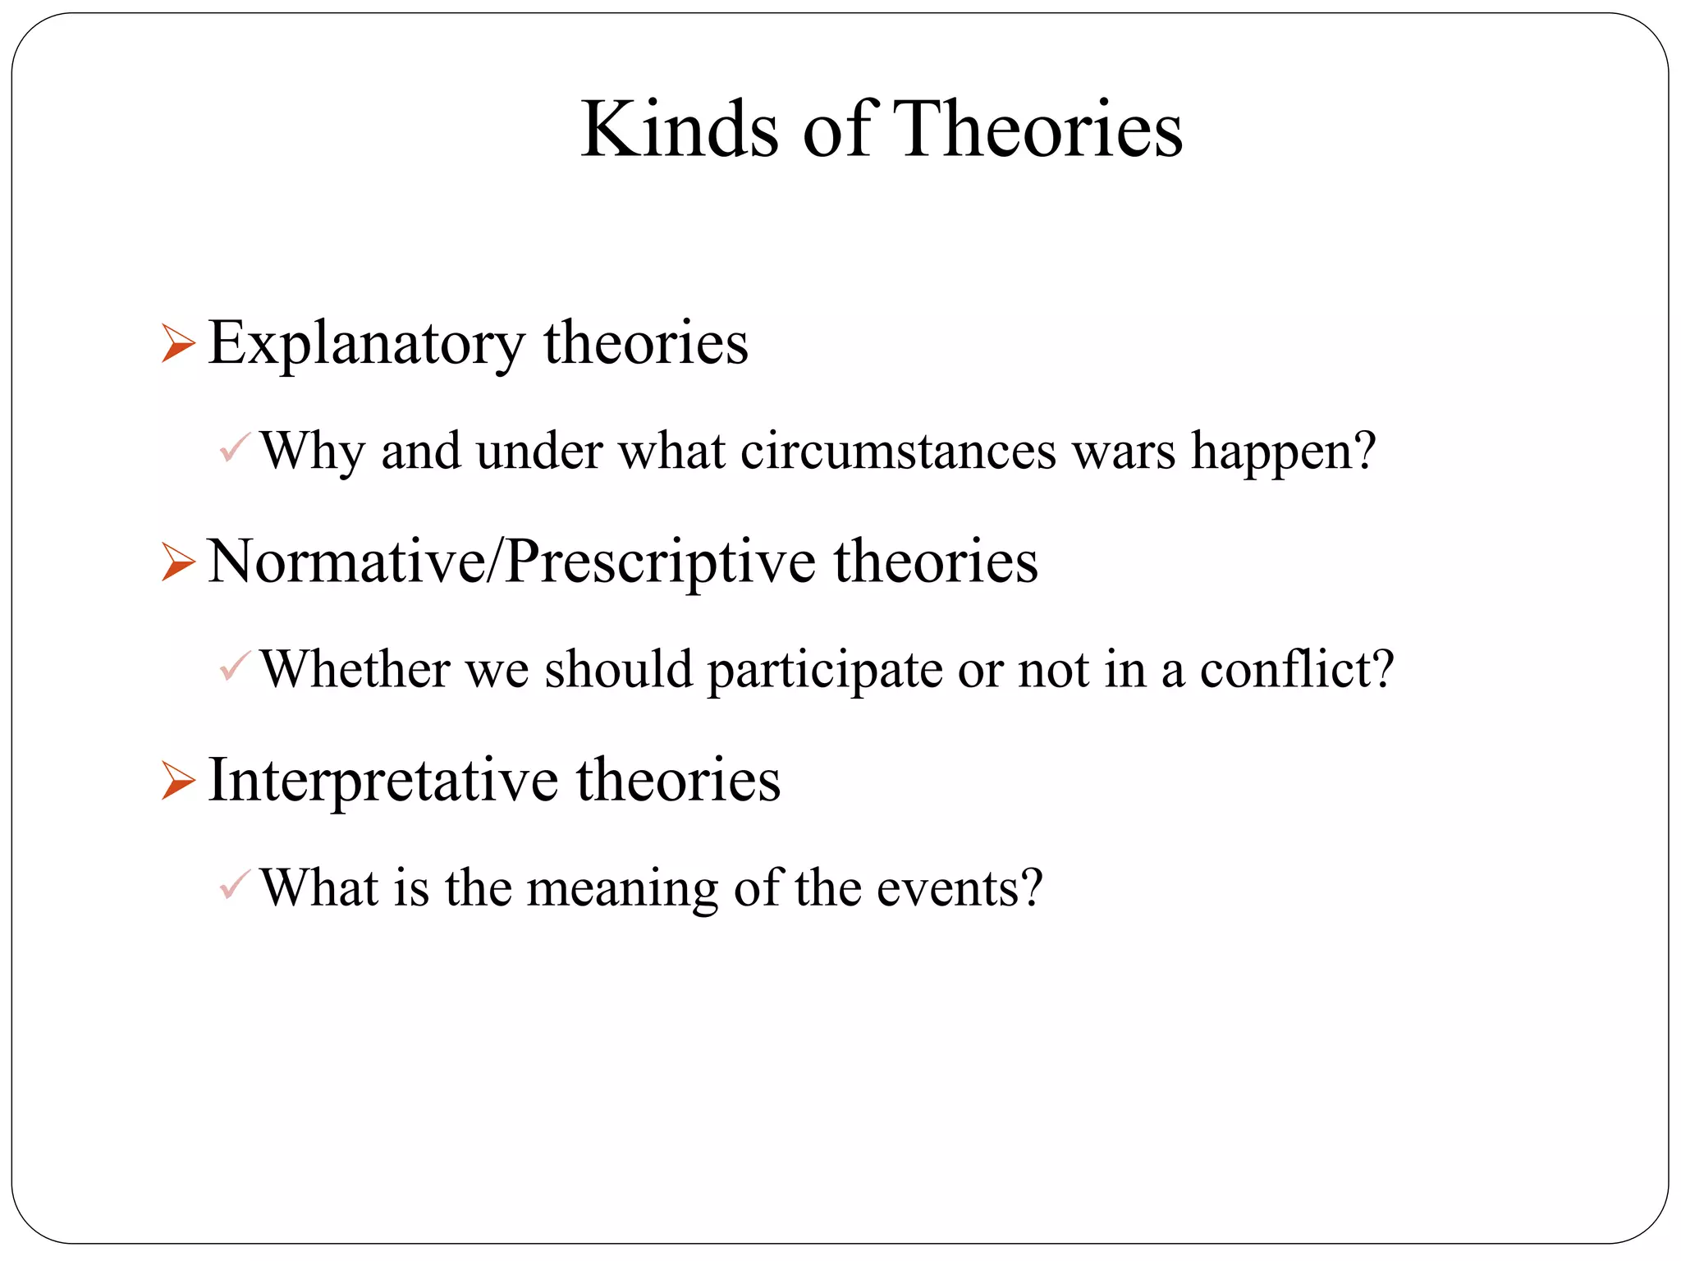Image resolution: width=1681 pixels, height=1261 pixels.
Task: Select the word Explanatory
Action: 366,344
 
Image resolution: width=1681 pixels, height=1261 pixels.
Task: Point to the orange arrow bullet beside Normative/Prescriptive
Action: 178,562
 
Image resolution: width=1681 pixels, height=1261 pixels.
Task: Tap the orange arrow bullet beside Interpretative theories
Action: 178,781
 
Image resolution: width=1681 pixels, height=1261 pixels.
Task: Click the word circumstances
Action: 898,452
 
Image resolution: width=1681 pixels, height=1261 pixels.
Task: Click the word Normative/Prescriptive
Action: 511,563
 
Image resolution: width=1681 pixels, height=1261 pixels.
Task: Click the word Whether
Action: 355,669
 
